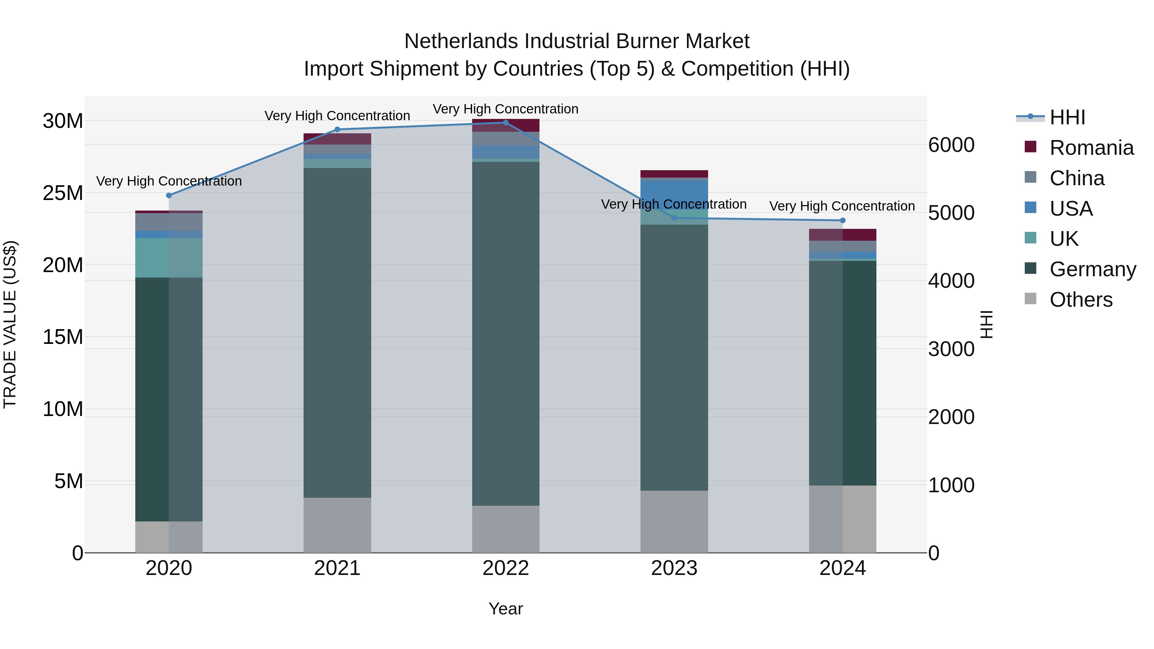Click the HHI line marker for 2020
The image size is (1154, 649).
point(169,195)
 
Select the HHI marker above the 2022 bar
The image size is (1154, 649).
point(506,122)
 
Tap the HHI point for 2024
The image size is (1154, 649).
point(843,220)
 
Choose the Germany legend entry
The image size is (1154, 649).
point(1093,269)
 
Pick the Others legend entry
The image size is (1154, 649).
point(1081,300)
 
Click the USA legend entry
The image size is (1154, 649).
point(1071,209)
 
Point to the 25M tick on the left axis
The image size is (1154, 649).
point(63,193)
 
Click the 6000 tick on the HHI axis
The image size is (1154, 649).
point(951,145)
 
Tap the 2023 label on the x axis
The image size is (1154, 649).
point(674,568)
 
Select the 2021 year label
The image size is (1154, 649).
point(337,568)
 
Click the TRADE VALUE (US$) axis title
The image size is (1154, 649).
point(10,324)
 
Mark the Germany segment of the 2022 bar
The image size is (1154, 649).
point(506,334)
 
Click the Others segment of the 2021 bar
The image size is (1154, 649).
point(337,525)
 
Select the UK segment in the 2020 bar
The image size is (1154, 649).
point(169,258)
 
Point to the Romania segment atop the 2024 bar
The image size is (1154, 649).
point(843,235)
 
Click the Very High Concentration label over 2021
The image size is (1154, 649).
point(337,116)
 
